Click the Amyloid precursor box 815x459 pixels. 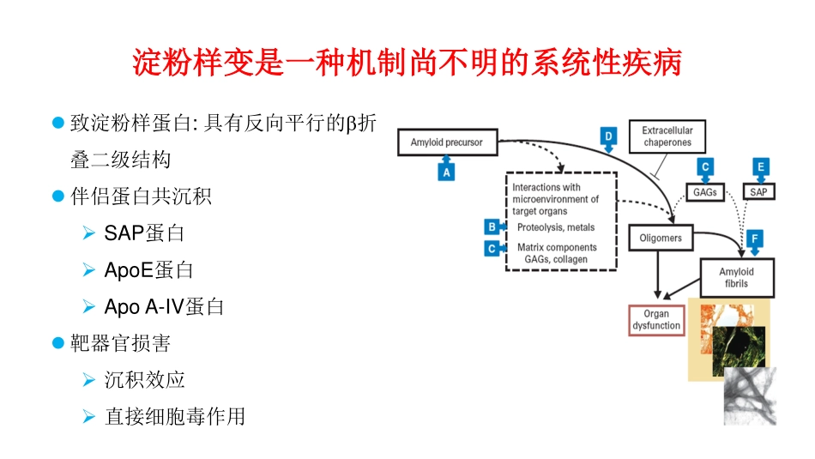pyautogui.click(x=447, y=142)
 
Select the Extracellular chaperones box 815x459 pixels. pyautogui.click(x=667, y=136)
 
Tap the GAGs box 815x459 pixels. pyautogui.click(x=705, y=192)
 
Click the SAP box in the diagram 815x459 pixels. pyautogui.click(x=758, y=192)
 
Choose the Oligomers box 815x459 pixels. pyautogui.click(x=661, y=238)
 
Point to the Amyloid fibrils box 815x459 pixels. pyautogui.click(x=737, y=277)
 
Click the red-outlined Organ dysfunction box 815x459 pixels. pyautogui.click(x=656, y=320)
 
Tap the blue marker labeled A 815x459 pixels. pyautogui.click(x=446, y=172)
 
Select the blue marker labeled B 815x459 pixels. pyautogui.click(x=492, y=227)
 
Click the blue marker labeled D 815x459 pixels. pyautogui.click(x=608, y=136)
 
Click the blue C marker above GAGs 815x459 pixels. pyautogui.click(x=705, y=167)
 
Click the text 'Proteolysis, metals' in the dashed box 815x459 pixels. pyautogui.click(x=556, y=227)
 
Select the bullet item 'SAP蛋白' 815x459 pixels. pyautogui.click(x=144, y=233)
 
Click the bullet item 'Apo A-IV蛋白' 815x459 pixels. pyautogui.click(x=164, y=306)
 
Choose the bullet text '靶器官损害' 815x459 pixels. pyautogui.click(x=121, y=343)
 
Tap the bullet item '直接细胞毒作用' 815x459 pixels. pyautogui.click(x=175, y=416)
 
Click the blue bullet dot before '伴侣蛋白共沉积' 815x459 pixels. pyautogui.click(x=58, y=196)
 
